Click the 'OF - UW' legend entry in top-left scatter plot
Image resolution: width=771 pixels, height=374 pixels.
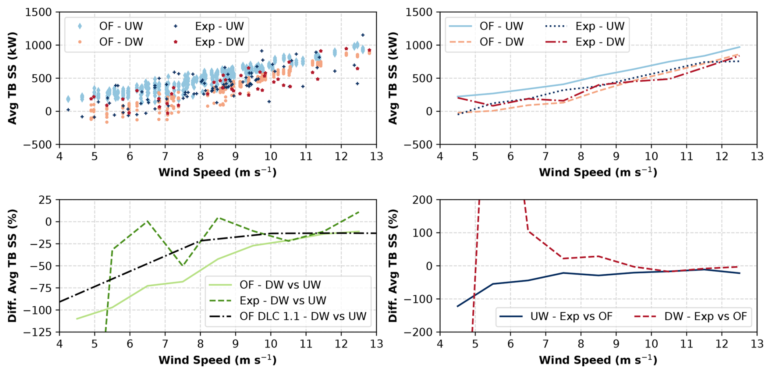tap(121, 26)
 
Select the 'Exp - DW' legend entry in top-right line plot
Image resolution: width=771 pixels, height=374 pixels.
tap(599, 42)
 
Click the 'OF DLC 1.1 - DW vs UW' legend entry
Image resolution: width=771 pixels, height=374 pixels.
tap(303, 316)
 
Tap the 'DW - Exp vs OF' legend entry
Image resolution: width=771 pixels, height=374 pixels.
tap(705, 316)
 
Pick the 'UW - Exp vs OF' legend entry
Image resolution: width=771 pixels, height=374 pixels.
tap(571, 316)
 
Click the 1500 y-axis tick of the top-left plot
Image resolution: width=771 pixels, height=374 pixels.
tap(38, 12)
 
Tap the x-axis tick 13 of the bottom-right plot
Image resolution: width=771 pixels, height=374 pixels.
tap(757, 344)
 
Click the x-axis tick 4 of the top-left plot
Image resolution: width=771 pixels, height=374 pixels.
tap(59, 156)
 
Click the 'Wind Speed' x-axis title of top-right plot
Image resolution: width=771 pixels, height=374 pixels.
tap(598, 173)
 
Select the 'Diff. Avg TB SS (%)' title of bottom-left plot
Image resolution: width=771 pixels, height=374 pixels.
tap(12, 266)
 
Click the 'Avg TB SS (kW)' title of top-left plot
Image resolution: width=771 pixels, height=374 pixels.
tap(12, 78)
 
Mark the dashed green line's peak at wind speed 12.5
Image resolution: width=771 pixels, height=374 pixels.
tap(359, 212)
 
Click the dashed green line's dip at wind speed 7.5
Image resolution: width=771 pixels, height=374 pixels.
tap(183, 266)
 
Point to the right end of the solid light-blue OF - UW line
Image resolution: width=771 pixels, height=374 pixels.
tap(740, 47)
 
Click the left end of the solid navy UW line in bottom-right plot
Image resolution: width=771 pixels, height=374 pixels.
tap(457, 306)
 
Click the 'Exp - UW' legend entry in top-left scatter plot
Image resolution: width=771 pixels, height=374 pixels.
tap(219, 26)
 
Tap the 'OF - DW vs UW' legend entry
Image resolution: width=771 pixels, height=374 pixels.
tap(280, 285)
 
